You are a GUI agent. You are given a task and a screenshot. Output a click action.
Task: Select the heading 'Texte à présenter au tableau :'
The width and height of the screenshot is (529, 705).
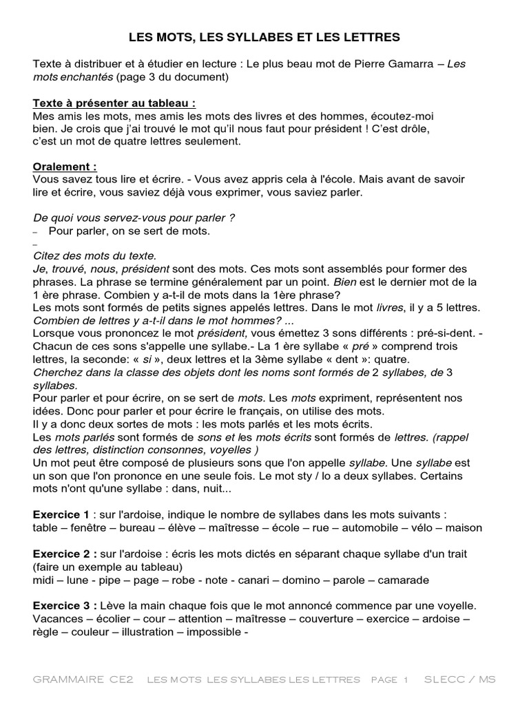[x=114, y=103]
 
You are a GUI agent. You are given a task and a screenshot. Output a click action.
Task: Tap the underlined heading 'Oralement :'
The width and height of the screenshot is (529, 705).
[x=65, y=167]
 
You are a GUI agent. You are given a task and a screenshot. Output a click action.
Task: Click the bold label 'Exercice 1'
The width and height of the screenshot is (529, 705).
[x=61, y=514]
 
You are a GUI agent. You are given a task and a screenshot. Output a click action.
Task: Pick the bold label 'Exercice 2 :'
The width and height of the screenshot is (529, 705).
[x=65, y=554]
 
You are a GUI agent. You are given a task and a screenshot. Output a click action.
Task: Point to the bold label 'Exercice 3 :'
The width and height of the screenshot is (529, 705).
[x=65, y=606]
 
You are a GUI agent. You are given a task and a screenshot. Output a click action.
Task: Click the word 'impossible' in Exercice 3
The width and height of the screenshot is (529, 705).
[x=215, y=633]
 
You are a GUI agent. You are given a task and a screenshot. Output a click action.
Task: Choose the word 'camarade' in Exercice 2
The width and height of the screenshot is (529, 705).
[x=402, y=580]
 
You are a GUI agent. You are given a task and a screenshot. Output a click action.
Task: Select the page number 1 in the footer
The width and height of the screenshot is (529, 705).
[x=406, y=680]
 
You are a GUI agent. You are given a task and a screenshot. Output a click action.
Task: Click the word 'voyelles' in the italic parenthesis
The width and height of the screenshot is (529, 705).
[x=231, y=450]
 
